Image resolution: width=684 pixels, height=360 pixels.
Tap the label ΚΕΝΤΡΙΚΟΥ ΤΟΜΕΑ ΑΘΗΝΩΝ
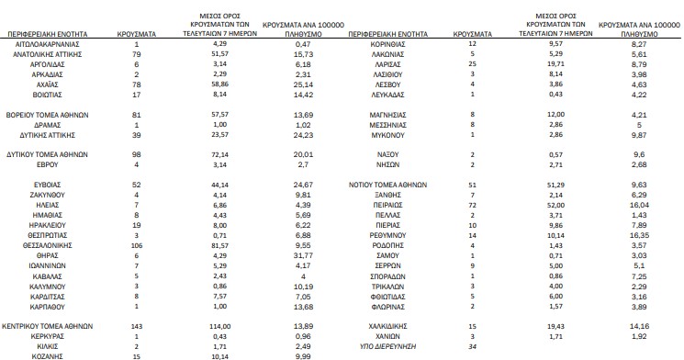(x=57, y=326)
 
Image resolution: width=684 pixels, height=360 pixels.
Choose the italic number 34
(x=472, y=347)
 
